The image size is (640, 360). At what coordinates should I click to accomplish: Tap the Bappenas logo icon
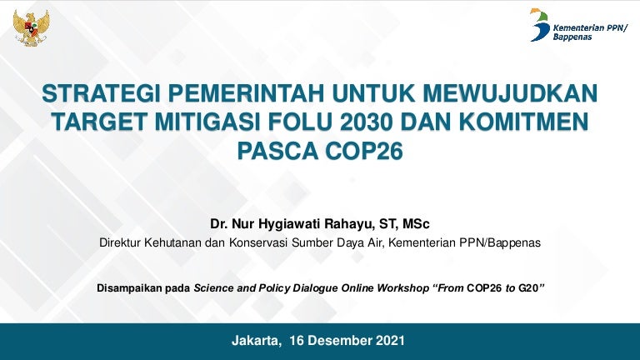pyautogui.click(x=539, y=24)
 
